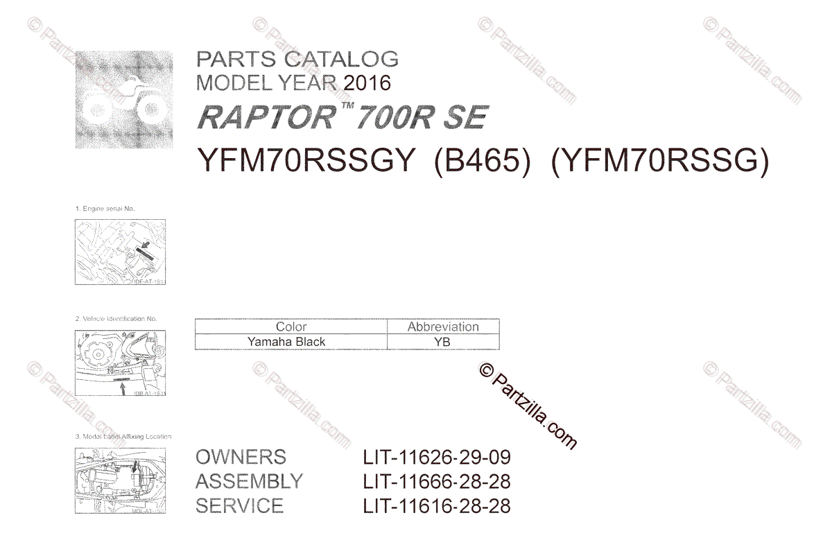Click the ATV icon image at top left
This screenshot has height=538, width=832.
(x=124, y=99)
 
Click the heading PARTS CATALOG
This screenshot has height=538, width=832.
(x=297, y=59)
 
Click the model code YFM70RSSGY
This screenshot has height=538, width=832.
(x=306, y=162)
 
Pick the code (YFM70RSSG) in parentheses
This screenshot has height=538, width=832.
(x=659, y=162)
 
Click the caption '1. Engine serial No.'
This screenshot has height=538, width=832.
(x=105, y=209)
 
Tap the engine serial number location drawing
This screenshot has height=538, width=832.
(x=120, y=252)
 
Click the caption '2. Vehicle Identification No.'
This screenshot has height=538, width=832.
(x=116, y=319)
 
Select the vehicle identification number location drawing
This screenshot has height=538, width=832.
(x=120, y=363)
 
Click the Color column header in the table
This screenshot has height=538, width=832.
(x=291, y=327)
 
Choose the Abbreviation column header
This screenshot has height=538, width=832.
(x=443, y=327)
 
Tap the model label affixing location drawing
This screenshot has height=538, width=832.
(x=120, y=480)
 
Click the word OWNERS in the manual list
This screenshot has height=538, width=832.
(x=241, y=458)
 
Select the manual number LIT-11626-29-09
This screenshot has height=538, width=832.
(x=437, y=458)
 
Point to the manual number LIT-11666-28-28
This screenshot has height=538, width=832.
(x=437, y=482)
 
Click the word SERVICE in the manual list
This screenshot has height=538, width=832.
(x=239, y=506)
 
